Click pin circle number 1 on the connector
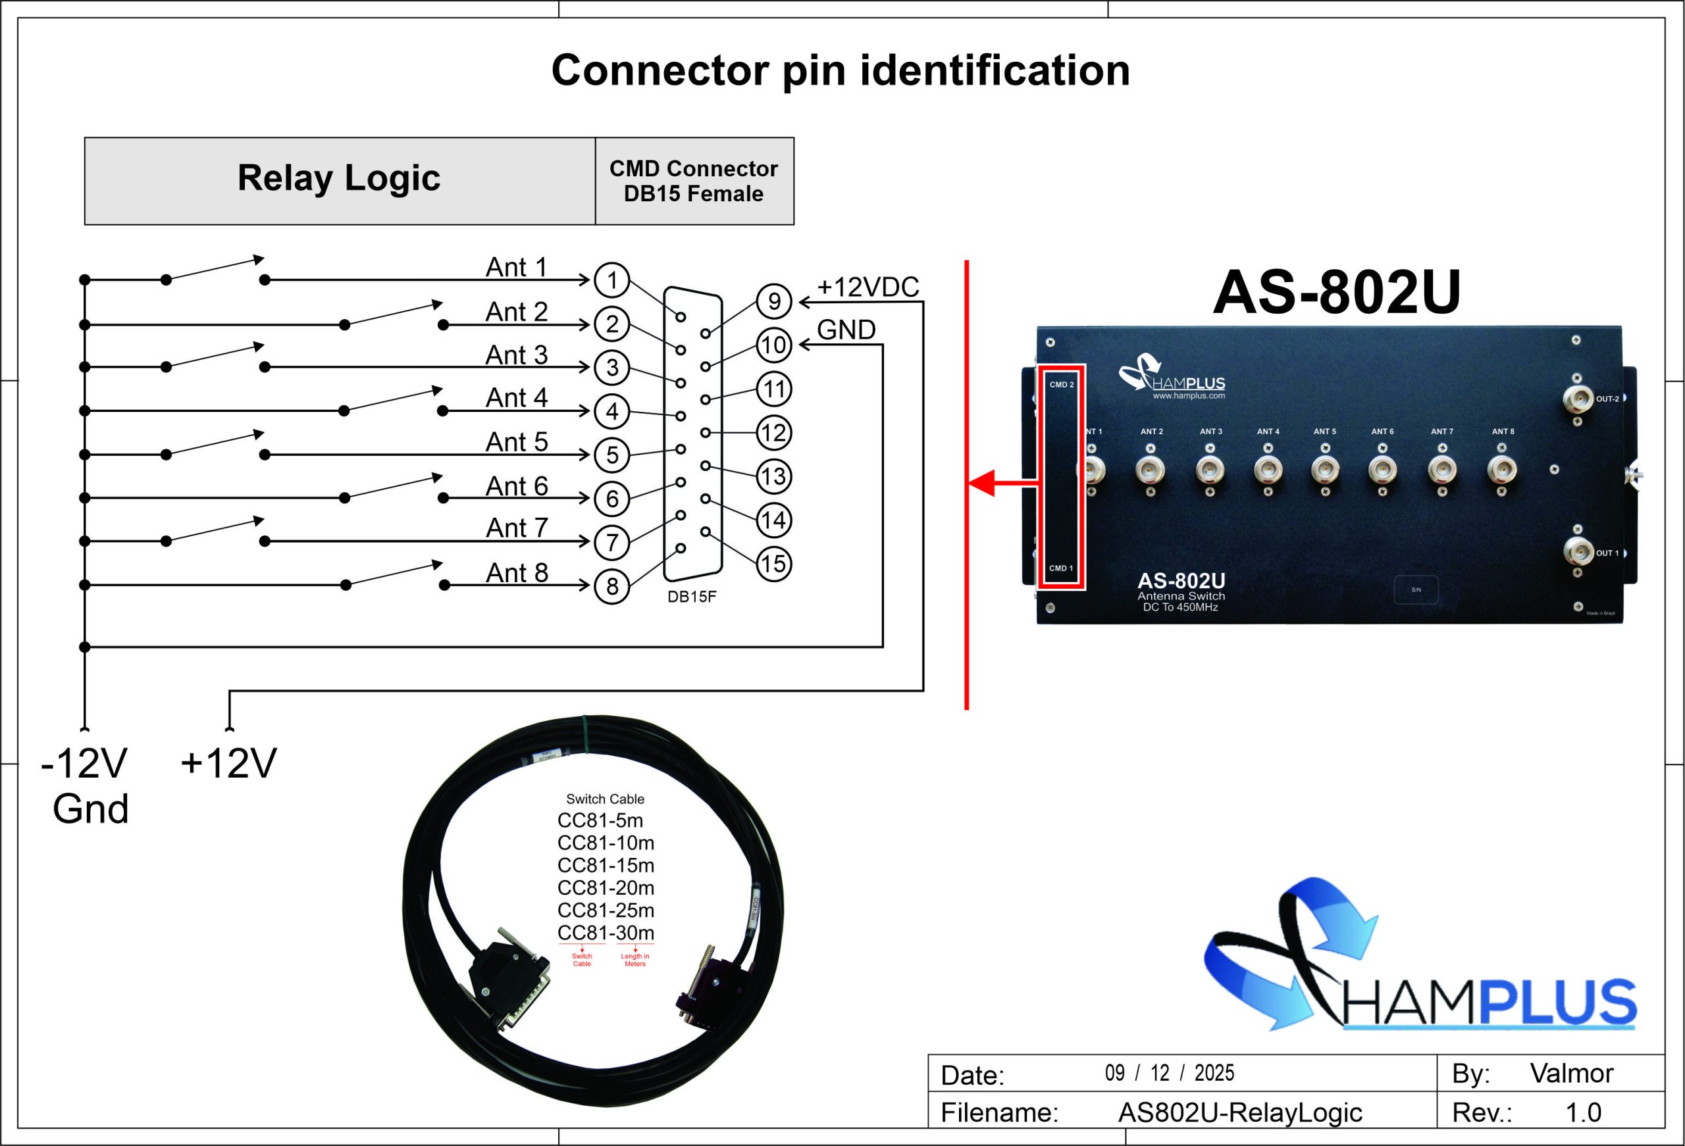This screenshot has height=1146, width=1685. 611,280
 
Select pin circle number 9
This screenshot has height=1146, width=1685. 773,301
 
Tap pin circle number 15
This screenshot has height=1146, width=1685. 773,563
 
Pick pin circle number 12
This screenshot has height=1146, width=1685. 773,433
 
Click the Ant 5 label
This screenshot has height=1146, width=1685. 516,441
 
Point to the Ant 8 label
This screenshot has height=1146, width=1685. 516,572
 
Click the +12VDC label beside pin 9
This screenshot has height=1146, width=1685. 868,287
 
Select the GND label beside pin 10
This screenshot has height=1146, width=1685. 846,330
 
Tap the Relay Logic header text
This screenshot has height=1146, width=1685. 338,178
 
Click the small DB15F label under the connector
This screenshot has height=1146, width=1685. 692,597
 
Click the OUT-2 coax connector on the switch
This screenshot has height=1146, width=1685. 1577,398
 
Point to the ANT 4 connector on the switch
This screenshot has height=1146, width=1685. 1268,470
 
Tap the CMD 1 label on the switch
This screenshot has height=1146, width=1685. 1061,568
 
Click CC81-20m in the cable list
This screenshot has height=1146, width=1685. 606,888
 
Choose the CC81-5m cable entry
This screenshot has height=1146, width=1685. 600,820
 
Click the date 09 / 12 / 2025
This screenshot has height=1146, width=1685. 1169,1073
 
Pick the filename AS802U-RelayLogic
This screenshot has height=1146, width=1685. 1240,1112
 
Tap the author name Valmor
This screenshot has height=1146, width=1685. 1571,1073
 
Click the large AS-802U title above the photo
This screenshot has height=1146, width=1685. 1336,292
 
